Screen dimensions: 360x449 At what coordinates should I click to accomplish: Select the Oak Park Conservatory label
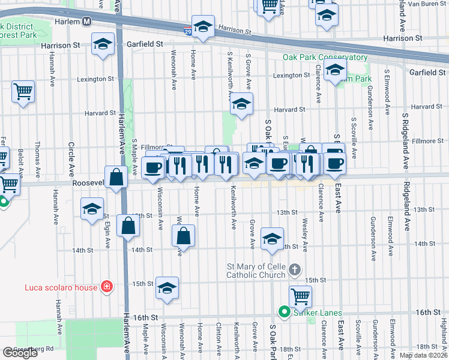(x=325, y=58)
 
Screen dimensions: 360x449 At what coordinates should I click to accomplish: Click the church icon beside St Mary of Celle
(x=294, y=269)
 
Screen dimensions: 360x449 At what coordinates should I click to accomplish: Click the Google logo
(x=20, y=353)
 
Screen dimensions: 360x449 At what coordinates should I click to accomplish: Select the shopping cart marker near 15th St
(x=300, y=295)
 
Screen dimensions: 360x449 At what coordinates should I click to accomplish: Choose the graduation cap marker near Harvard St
(x=241, y=105)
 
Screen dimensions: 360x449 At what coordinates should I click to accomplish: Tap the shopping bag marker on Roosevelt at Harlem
(x=116, y=177)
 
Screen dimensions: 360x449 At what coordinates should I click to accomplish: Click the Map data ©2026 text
(x=423, y=355)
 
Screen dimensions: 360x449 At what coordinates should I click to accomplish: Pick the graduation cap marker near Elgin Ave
(x=92, y=209)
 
